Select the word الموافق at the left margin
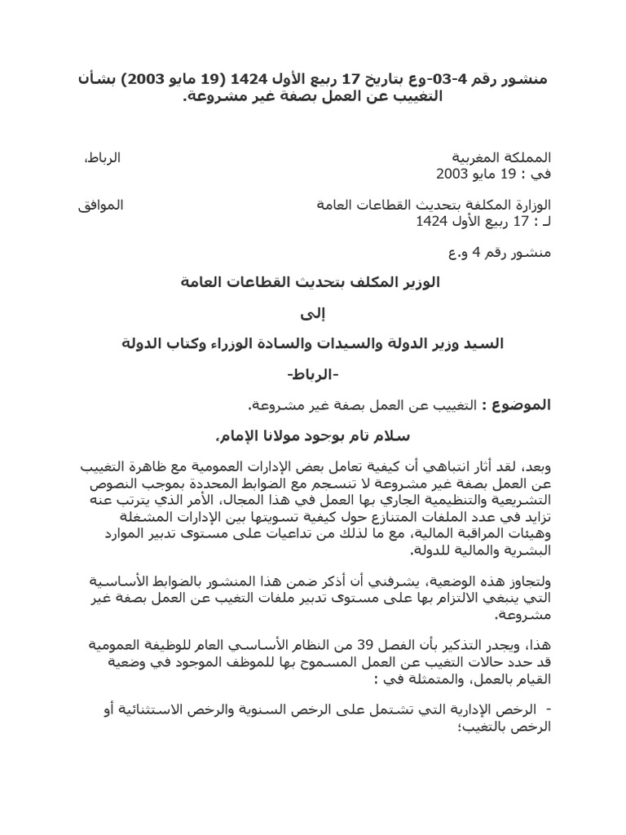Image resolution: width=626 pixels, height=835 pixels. click(101, 205)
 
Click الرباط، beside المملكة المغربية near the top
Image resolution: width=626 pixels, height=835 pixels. click(103, 157)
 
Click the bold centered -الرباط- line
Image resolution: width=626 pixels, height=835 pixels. click(313, 374)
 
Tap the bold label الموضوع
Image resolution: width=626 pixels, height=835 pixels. click(527, 405)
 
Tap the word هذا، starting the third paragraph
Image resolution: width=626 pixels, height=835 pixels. click(538, 645)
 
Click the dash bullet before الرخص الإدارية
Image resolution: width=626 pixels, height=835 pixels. click(547, 709)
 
